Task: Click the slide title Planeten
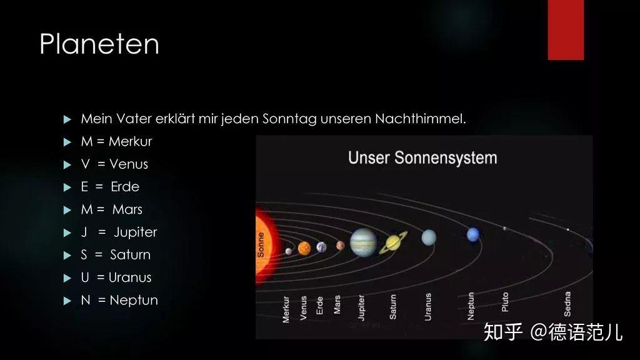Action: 99,44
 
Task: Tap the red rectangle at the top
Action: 566,30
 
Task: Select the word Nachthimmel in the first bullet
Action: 421,119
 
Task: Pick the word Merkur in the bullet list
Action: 130,141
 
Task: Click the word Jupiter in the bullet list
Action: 136,232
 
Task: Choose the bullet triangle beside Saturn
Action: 67,256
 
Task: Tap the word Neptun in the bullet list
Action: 134,300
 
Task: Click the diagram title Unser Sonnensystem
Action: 422,158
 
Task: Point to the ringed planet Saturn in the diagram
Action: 393,243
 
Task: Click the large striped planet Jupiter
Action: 363,242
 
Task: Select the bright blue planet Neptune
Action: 472,234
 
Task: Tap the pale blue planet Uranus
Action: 429,237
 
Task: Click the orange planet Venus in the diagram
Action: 304,247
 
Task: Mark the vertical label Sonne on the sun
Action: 261,245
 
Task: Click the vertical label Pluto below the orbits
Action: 505,302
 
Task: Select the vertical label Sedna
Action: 567,304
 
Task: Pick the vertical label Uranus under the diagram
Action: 427,306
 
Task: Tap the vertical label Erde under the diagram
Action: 319,305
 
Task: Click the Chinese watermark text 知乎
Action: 503,332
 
